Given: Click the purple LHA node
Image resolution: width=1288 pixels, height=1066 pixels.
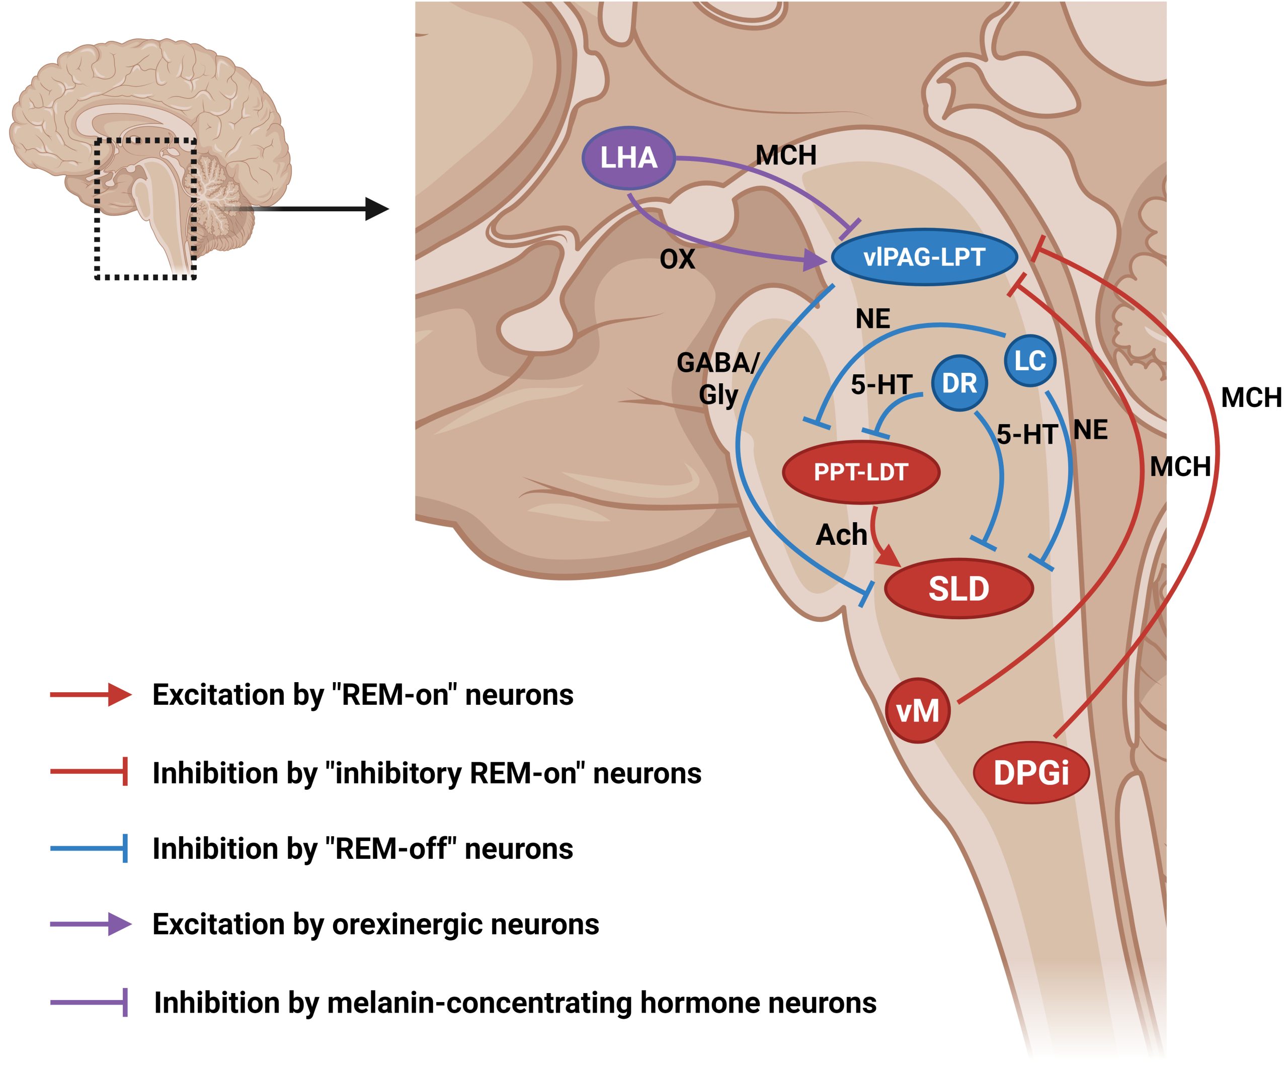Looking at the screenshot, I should pyautogui.click(x=628, y=157).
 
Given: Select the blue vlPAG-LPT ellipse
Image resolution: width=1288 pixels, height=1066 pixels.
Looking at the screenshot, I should pyautogui.click(x=924, y=257).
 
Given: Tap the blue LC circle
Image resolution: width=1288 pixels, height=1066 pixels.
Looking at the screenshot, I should pyautogui.click(x=1030, y=361).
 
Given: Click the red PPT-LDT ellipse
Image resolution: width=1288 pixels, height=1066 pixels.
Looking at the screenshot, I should pyautogui.click(x=860, y=472).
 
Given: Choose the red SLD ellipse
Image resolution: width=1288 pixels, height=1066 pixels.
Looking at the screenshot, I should pyautogui.click(x=958, y=589).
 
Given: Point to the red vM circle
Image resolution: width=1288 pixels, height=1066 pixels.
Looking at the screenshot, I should pyautogui.click(x=918, y=711).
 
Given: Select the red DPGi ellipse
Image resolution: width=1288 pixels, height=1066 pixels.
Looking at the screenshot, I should pyautogui.click(x=1031, y=773).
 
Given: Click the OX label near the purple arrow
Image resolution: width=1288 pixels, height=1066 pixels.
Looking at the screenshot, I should pyautogui.click(x=677, y=260).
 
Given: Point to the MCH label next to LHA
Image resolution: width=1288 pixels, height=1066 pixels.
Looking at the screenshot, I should pyautogui.click(x=786, y=155).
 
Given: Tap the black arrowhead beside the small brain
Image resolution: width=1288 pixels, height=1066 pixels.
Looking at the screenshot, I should pyautogui.click(x=376, y=209).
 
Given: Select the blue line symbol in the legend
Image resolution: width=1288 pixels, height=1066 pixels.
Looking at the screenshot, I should pyautogui.click(x=89, y=848).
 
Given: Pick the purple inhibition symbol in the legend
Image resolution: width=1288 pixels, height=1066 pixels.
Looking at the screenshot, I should pyautogui.click(x=89, y=1003).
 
